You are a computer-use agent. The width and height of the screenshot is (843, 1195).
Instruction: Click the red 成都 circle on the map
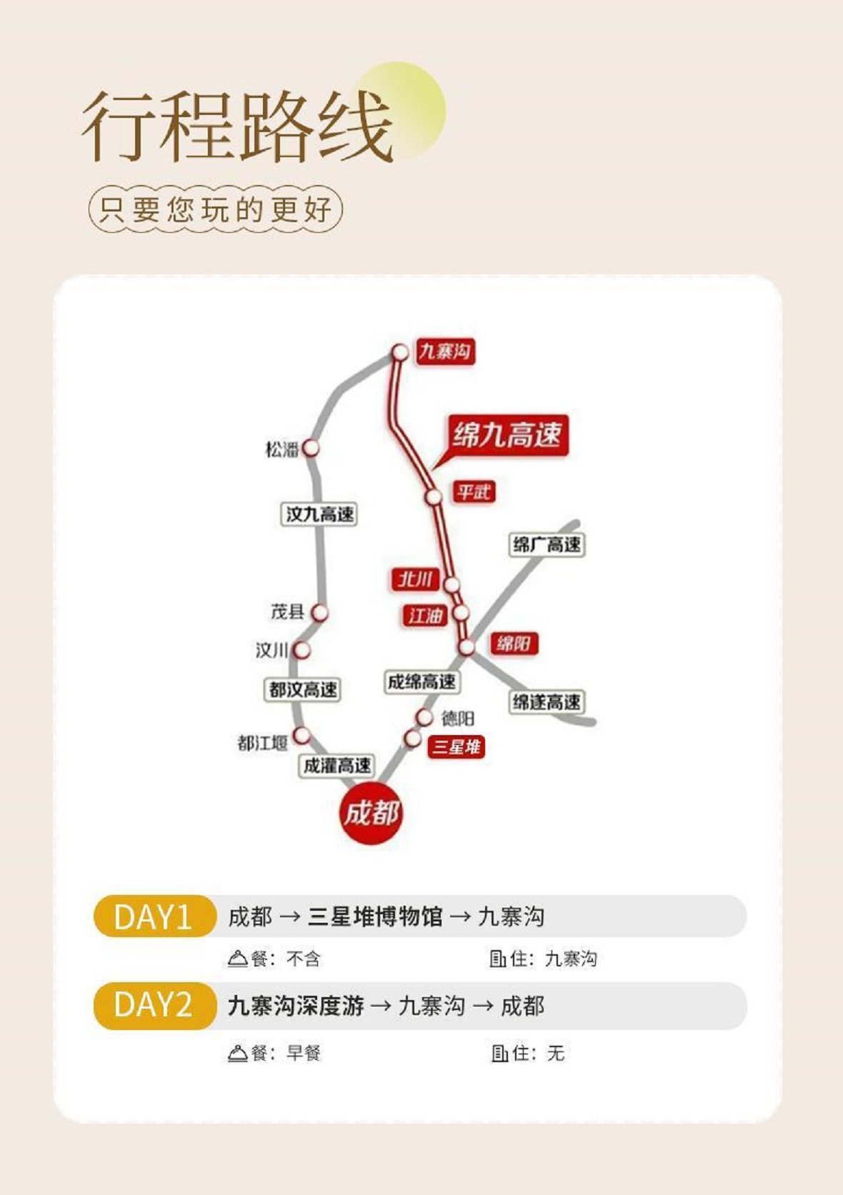(371, 813)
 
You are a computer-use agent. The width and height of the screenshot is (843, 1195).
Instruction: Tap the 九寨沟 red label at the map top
(445, 351)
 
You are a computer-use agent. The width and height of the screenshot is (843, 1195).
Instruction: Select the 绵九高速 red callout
(507, 434)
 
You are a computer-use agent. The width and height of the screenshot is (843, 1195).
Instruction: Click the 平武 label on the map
(474, 492)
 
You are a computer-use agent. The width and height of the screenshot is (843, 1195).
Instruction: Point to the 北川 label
(415, 579)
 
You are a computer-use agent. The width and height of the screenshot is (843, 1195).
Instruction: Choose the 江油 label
(425, 616)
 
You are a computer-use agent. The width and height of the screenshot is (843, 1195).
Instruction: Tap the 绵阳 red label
(514, 644)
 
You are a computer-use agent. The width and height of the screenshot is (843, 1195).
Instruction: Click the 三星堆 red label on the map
(457, 747)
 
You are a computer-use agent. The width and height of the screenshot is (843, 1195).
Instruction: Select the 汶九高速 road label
(319, 514)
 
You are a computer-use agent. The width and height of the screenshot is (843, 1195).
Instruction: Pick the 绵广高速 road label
(547, 545)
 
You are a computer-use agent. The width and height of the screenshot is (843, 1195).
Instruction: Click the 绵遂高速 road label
(547, 702)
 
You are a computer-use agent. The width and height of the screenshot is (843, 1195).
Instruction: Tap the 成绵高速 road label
(421, 682)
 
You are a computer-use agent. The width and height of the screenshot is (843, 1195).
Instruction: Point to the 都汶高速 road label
(302, 690)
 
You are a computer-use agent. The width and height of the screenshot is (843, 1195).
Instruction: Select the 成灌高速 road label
(336, 766)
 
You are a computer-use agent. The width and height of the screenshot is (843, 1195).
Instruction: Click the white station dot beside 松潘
(310, 449)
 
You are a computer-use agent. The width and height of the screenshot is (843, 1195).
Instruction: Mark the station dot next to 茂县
(319, 613)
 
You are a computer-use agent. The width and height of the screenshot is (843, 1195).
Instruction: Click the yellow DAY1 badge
(154, 916)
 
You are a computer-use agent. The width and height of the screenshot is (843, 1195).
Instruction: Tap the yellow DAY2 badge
(154, 1006)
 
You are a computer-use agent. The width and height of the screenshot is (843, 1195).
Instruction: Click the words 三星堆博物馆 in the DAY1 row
(375, 916)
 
